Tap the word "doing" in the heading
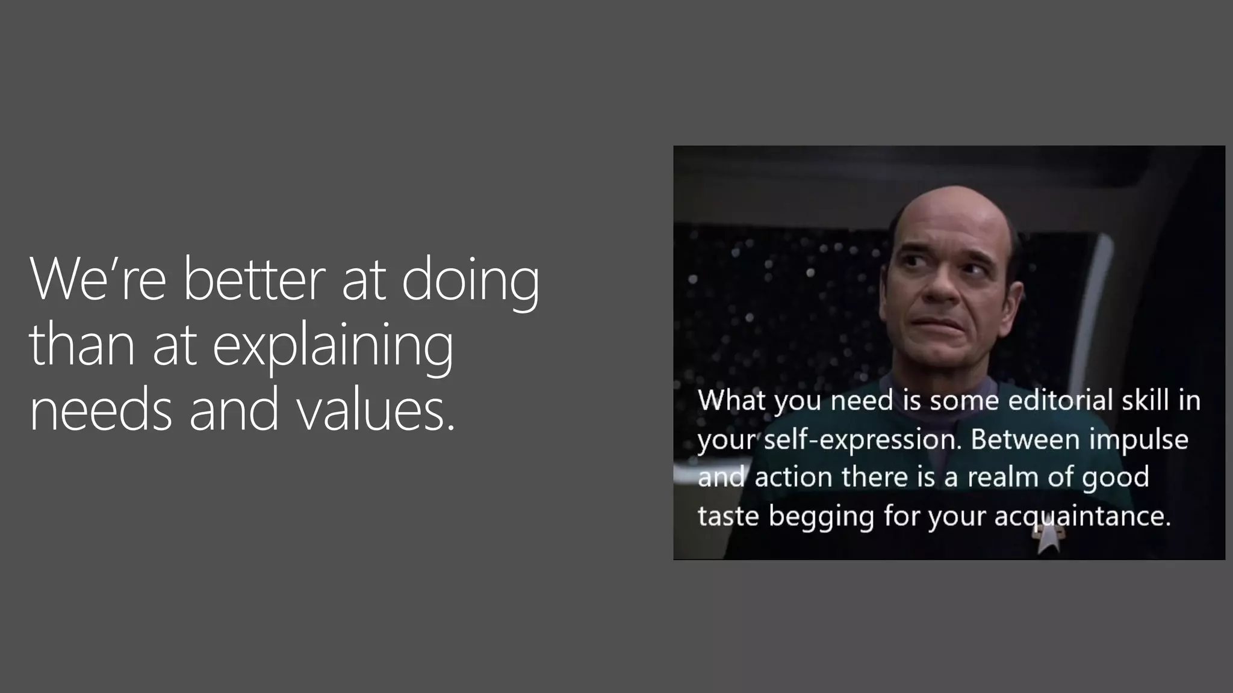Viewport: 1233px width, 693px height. (470, 280)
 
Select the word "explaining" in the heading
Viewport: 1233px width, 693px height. (332, 345)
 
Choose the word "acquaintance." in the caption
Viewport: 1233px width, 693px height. (1082, 516)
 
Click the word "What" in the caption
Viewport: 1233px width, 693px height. (731, 400)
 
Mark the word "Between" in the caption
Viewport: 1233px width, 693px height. (1025, 439)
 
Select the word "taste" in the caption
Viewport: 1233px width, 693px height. (728, 516)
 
